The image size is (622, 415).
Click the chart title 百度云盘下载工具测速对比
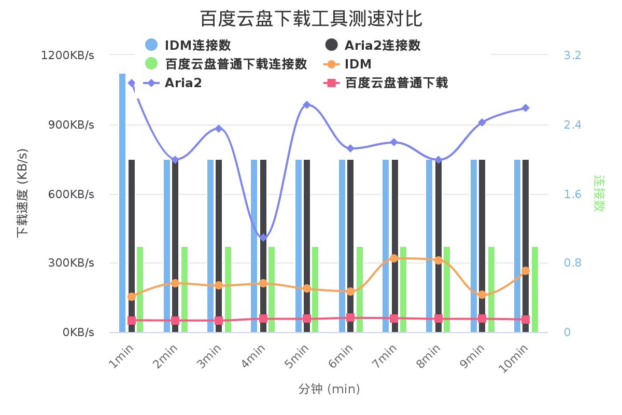click(311, 19)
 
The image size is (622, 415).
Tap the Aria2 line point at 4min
click(263, 238)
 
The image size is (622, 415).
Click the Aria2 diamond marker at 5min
click(307, 105)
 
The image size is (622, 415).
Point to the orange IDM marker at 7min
click(394, 258)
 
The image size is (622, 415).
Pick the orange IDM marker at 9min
click(482, 295)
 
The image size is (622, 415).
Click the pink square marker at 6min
click(350, 317)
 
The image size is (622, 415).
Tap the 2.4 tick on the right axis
click(572, 125)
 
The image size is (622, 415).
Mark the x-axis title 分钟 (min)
click(329, 389)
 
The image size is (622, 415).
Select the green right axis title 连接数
click(599, 193)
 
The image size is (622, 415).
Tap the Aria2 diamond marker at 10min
click(526, 108)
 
